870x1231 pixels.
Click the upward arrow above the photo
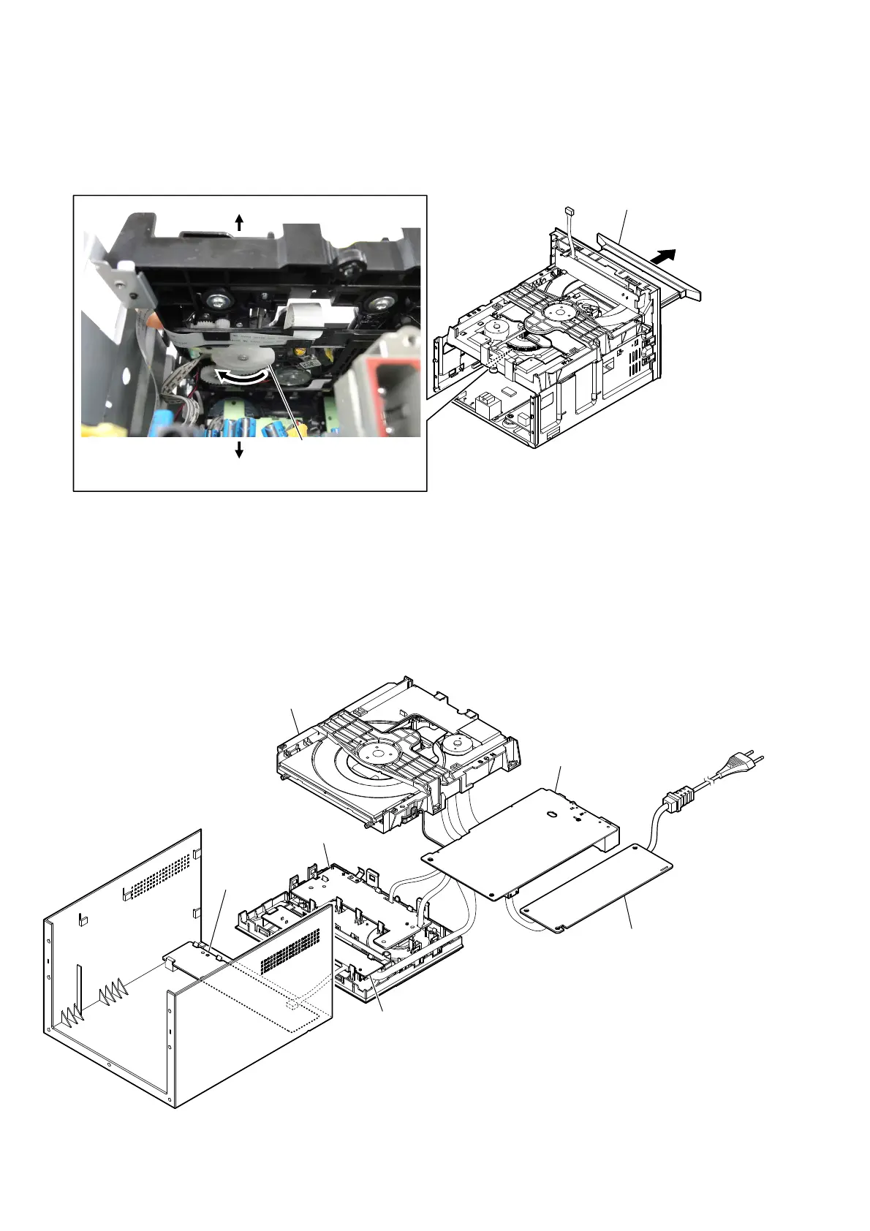239,221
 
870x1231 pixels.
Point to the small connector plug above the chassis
570,211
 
